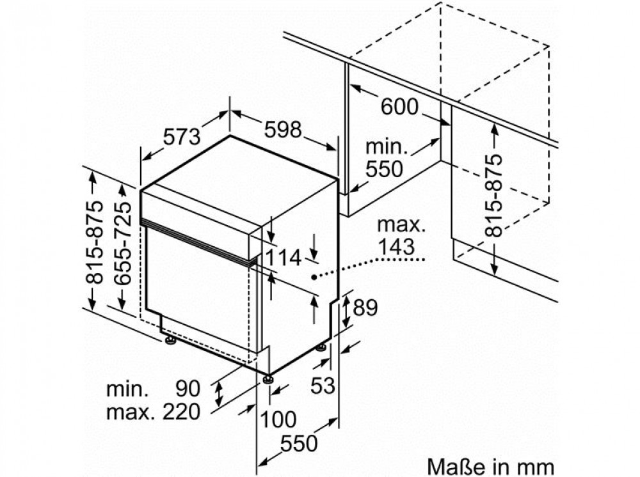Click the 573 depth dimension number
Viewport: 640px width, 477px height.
pos(182,136)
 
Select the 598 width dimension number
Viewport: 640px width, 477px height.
pos(283,129)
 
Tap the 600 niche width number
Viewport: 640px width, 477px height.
pos(399,106)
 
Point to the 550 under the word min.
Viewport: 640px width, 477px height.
pos(384,168)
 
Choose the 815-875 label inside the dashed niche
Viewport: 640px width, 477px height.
pos(493,196)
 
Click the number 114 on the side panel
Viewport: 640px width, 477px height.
pos(283,258)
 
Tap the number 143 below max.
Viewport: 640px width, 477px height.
pos(396,247)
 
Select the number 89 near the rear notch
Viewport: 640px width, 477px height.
pos(365,308)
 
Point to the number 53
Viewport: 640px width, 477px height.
pos(323,385)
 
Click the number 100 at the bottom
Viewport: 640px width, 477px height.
pos(278,419)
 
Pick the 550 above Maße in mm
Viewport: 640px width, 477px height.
pos(299,443)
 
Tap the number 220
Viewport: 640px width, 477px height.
pos(182,412)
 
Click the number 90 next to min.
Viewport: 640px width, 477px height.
pos(188,389)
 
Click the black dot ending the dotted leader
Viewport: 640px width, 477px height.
pos(314,278)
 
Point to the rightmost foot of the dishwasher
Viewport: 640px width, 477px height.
pos(321,348)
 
